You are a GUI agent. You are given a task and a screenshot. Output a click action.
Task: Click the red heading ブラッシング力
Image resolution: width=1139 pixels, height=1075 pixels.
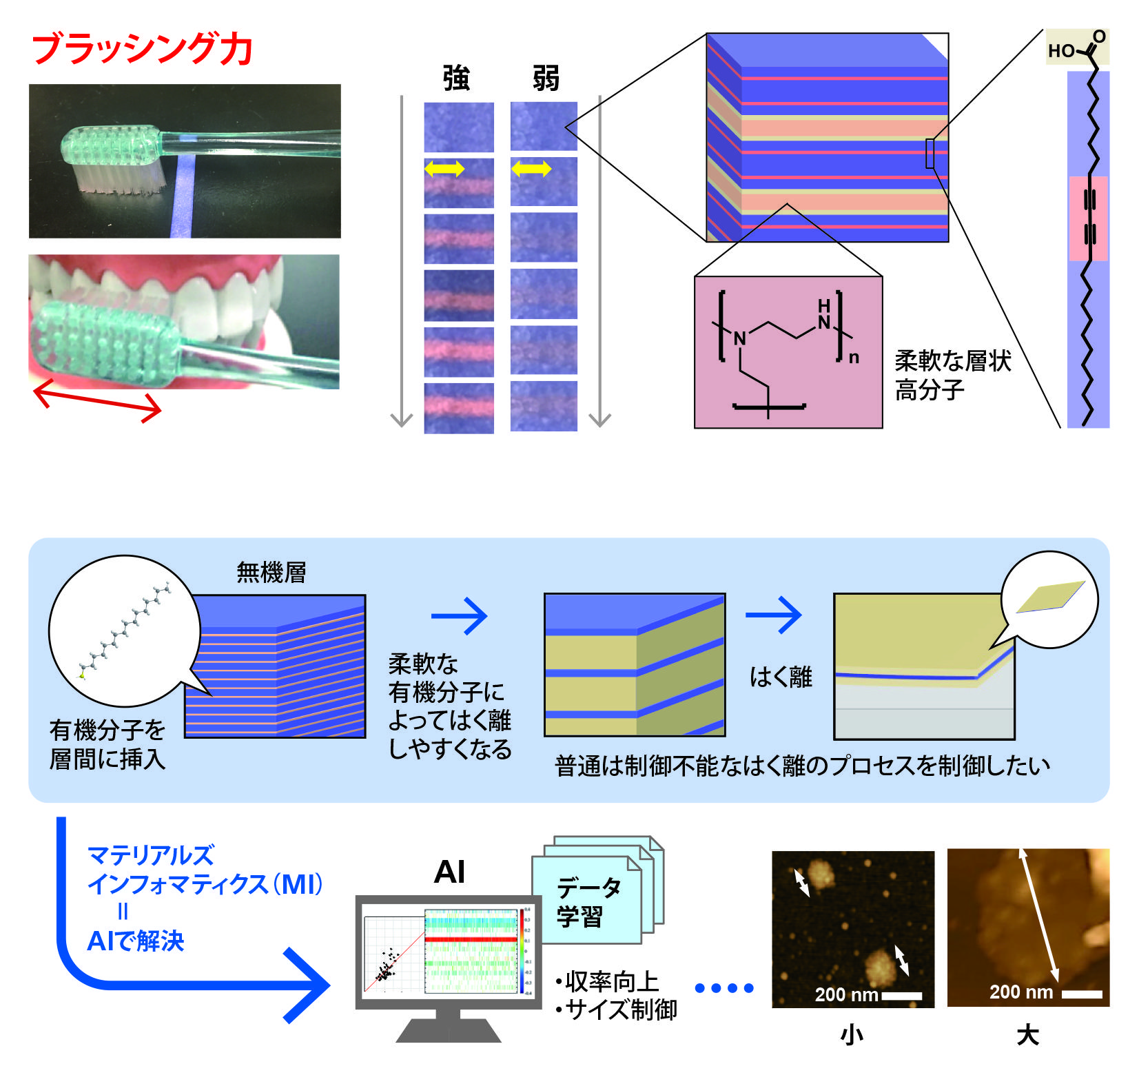[142, 49]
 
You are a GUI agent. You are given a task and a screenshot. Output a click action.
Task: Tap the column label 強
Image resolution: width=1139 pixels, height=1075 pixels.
[456, 79]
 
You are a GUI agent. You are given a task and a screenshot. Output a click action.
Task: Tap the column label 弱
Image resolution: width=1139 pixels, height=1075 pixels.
[545, 79]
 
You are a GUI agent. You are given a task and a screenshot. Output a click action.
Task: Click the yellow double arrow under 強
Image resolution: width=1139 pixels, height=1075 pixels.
[444, 168]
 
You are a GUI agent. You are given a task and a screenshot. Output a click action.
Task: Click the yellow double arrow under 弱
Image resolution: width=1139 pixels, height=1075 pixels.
[531, 168]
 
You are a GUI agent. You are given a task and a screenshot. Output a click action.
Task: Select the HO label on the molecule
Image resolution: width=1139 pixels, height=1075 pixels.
[1061, 51]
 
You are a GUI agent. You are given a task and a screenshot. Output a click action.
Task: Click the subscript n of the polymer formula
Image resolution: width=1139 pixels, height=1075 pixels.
[854, 357]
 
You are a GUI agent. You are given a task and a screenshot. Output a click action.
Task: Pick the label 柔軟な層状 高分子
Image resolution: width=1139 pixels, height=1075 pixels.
[952, 375]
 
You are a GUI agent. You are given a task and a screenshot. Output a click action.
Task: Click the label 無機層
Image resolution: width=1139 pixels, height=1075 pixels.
[271, 572]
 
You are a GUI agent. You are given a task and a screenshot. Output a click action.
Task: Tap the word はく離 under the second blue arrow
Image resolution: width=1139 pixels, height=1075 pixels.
[781, 677]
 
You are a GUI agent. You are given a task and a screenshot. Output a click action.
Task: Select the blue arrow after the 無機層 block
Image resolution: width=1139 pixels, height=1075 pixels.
[460, 615]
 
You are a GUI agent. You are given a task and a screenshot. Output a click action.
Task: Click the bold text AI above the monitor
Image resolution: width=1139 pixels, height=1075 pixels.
[449, 872]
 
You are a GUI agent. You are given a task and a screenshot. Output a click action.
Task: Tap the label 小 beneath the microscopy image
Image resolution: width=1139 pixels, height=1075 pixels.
[852, 1035]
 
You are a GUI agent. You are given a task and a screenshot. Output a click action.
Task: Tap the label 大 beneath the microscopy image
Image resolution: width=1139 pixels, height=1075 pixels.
[1027, 1035]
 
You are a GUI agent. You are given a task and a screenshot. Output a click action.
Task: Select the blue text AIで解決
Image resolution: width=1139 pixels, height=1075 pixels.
[136, 941]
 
